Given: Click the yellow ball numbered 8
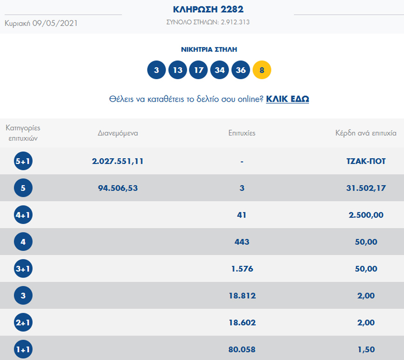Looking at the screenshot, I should pos(262,70).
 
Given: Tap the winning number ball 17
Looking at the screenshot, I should pos(199,70).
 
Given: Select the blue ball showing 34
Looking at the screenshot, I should pos(220,70).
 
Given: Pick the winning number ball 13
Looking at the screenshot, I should pos(177,70).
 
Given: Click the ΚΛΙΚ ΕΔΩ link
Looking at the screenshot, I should pos(287,99).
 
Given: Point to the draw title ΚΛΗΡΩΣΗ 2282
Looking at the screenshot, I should pos(208,9).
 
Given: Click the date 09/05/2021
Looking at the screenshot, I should pos(55,23).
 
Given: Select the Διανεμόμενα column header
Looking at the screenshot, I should pos(118,133).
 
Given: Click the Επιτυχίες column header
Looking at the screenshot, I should pos(242,133).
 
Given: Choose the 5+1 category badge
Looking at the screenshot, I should pos(23,162).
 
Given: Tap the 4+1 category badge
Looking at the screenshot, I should pos(23,215).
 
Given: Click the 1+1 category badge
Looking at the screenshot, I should pos(23,349).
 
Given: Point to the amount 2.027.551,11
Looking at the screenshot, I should pos(118,161).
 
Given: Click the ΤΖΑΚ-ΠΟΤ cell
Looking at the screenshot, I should pos(363,161).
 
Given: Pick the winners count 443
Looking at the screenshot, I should pos(242,242).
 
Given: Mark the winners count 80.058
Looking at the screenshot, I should pos(242,349).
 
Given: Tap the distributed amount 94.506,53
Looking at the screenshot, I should pos(118,188).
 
